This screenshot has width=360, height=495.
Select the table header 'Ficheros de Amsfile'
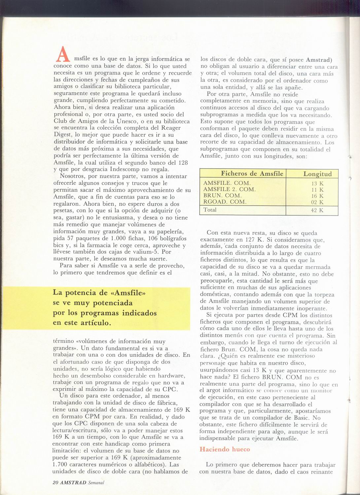[252, 174]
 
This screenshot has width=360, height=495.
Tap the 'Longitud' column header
[317, 174]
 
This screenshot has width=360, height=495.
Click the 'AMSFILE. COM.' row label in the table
[227, 183]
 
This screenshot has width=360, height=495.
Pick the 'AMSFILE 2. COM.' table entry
[230, 189]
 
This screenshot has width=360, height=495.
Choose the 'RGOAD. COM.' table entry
[225, 202]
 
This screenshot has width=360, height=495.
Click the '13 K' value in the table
[317, 183]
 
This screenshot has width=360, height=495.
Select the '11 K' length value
[317, 190]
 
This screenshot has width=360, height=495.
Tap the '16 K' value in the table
[317, 196]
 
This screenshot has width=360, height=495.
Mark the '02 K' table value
[317, 202]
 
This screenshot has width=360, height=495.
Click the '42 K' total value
[317, 210]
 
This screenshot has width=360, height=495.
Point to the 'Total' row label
[210, 210]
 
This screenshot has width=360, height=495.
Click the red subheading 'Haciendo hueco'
[225, 449]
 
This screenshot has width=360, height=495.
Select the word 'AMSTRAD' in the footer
[73, 482]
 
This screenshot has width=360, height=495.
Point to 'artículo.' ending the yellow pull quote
[95, 323]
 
